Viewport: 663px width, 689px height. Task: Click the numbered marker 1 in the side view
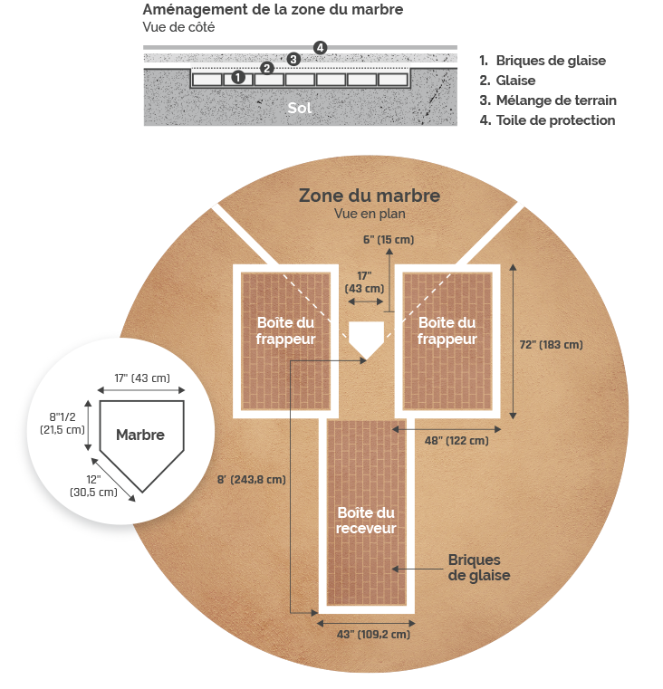pyautogui.click(x=238, y=77)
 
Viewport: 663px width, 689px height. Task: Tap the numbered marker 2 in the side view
pyautogui.click(x=266, y=68)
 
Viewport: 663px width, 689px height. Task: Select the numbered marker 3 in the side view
pyautogui.click(x=293, y=59)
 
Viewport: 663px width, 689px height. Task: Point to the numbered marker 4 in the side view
pyautogui.click(x=320, y=47)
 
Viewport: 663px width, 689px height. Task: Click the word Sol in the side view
pyautogui.click(x=300, y=108)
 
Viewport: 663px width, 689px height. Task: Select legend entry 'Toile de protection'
pyautogui.click(x=547, y=120)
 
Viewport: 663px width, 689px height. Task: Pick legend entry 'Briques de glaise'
pyautogui.click(x=543, y=61)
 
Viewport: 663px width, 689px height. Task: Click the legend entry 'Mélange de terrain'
pyautogui.click(x=548, y=100)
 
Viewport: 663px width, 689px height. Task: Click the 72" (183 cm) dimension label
pyautogui.click(x=552, y=344)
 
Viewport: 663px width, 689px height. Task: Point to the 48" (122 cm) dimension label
pyautogui.click(x=456, y=440)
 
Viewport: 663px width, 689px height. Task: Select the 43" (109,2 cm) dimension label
pyautogui.click(x=374, y=634)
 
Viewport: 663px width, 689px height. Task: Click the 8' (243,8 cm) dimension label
pyautogui.click(x=252, y=479)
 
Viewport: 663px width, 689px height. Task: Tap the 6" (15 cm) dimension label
pyautogui.click(x=389, y=240)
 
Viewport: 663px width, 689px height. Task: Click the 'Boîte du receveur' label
pyautogui.click(x=366, y=521)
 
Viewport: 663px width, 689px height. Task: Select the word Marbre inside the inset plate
pyautogui.click(x=140, y=435)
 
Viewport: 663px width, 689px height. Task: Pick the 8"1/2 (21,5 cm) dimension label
pyautogui.click(x=62, y=423)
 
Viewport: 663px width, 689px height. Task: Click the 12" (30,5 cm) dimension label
pyautogui.click(x=93, y=485)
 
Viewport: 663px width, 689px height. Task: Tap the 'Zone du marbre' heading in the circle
pyautogui.click(x=370, y=196)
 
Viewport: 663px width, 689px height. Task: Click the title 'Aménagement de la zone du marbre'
pyautogui.click(x=273, y=10)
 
